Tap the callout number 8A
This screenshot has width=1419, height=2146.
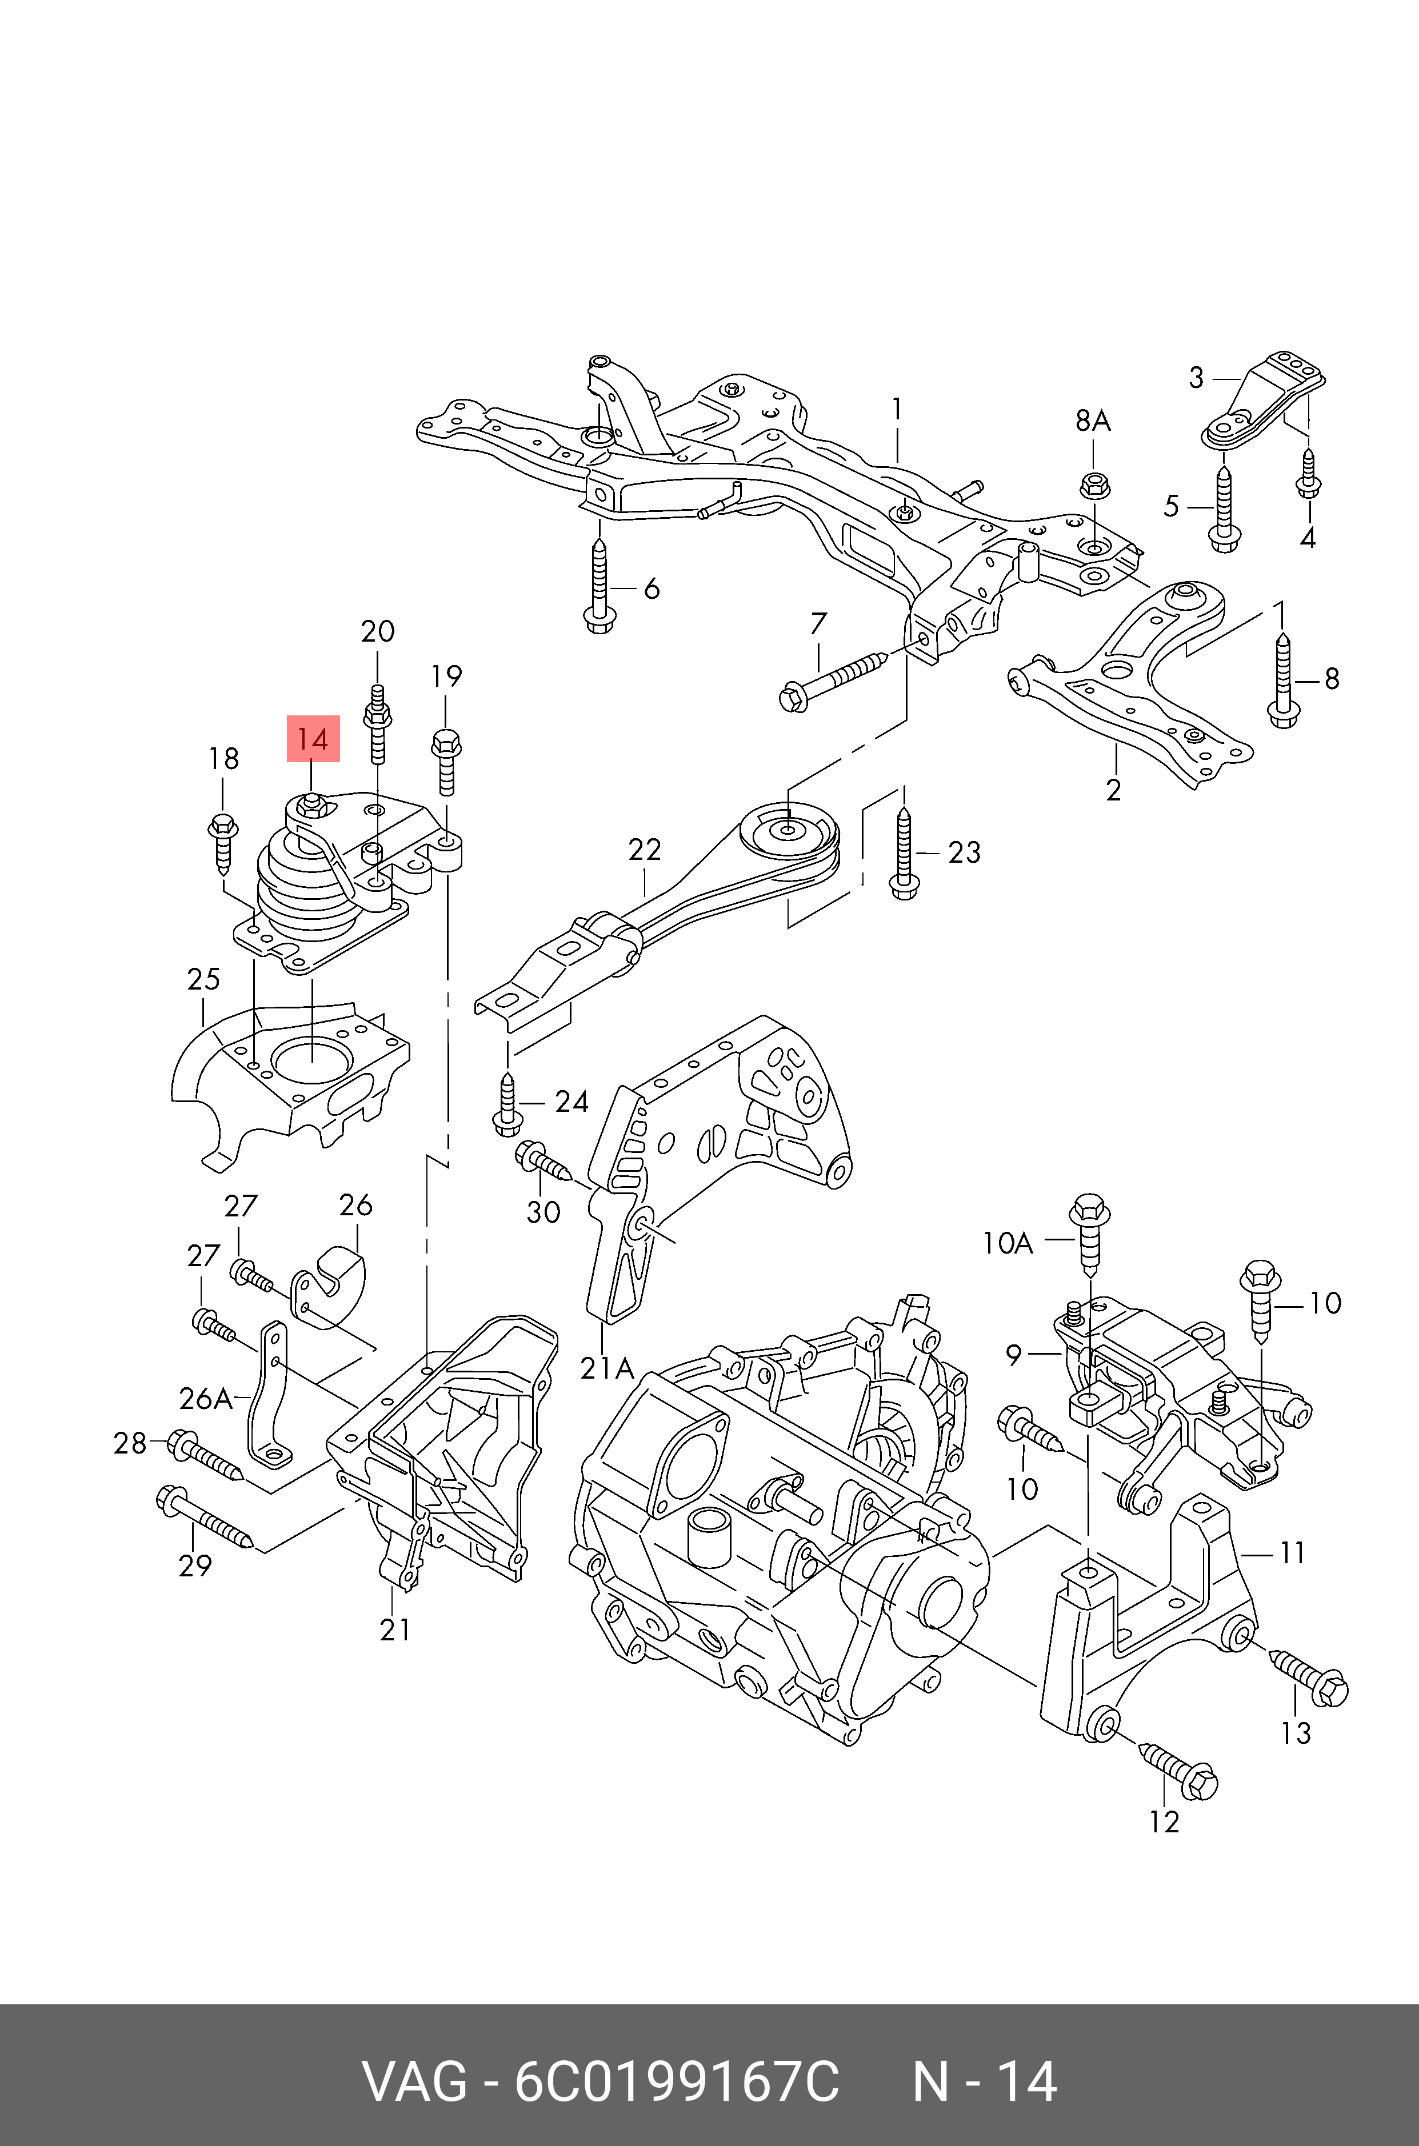click(x=1092, y=421)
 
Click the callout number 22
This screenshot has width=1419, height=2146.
click(x=644, y=850)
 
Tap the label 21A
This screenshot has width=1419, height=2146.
click(x=606, y=1368)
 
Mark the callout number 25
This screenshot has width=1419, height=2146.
click(x=203, y=979)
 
